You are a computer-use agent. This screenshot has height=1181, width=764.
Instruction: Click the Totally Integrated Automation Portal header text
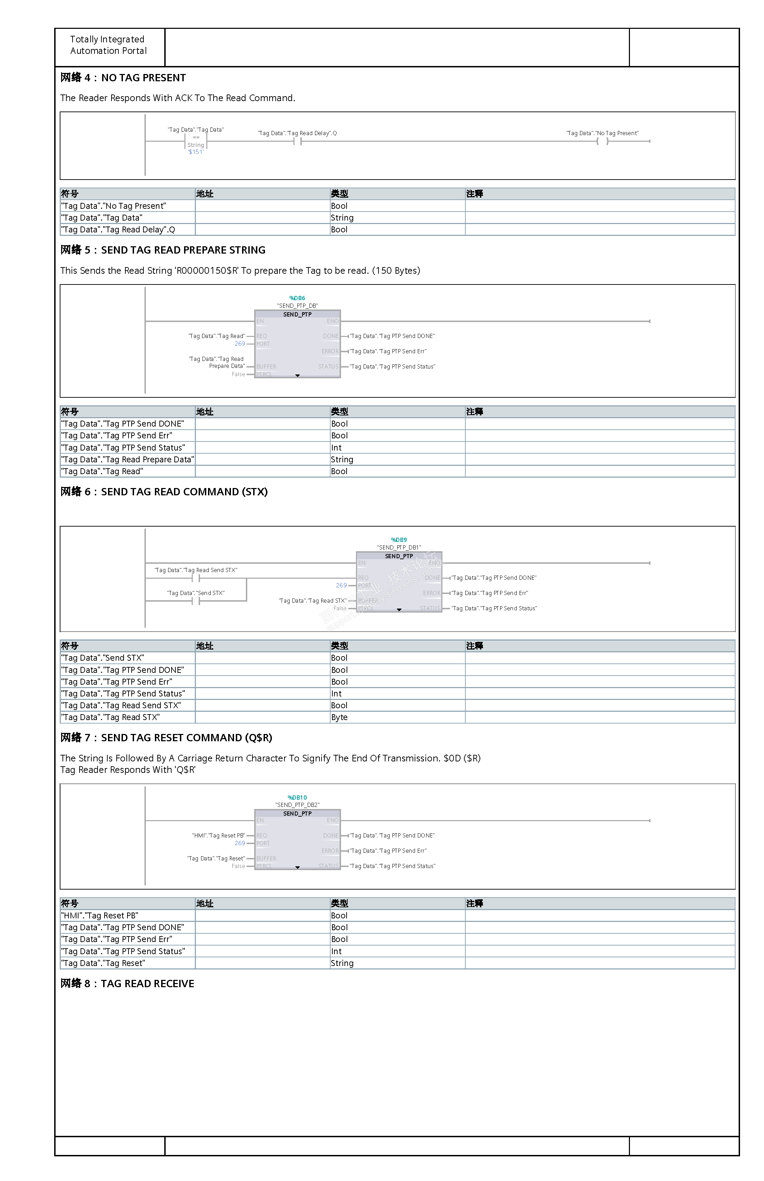coord(108,45)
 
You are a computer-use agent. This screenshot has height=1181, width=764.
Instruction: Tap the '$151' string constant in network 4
coord(196,152)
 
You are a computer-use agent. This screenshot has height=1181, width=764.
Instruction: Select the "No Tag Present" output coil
coord(602,141)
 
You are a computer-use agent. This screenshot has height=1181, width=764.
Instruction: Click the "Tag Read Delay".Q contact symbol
coord(297,141)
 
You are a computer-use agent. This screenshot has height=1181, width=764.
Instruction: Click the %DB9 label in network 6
coord(399,540)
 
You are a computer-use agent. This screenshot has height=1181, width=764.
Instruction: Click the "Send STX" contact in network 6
coord(196,601)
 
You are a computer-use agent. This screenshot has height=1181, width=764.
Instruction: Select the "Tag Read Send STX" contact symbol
coord(196,578)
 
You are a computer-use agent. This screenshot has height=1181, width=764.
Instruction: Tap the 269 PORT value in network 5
coord(240,344)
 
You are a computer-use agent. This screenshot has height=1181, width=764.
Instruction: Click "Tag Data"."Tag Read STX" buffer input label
coord(313,601)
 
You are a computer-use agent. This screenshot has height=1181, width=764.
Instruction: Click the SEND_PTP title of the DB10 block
coord(297,813)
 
